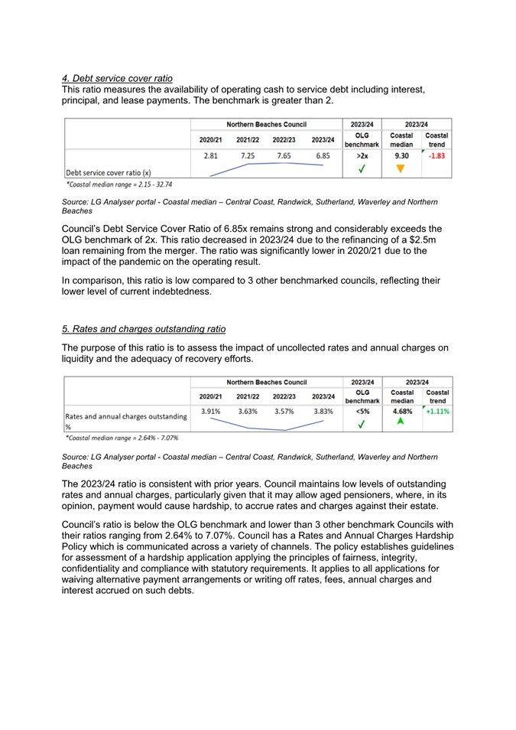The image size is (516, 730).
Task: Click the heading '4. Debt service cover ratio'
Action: [x=117, y=78]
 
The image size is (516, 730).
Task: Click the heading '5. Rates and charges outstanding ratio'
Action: [x=144, y=329]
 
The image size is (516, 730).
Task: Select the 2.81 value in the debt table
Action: [x=211, y=155]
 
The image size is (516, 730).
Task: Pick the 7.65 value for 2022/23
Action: [x=284, y=155]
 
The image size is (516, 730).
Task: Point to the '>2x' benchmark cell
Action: [x=362, y=155]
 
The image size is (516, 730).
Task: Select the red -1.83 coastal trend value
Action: [x=437, y=155]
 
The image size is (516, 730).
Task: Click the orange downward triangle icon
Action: [x=401, y=170]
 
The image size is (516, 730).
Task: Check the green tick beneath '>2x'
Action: [x=362, y=170]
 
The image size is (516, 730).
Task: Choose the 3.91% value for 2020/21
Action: [x=211, y=411]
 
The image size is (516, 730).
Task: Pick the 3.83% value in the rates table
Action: [x=323, y=411]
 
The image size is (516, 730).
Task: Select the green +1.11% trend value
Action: [x=437, y=411]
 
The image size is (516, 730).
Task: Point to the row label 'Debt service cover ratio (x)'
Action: [x=109, y=173]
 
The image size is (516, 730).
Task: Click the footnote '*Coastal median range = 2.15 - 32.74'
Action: [x=119, y=184]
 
